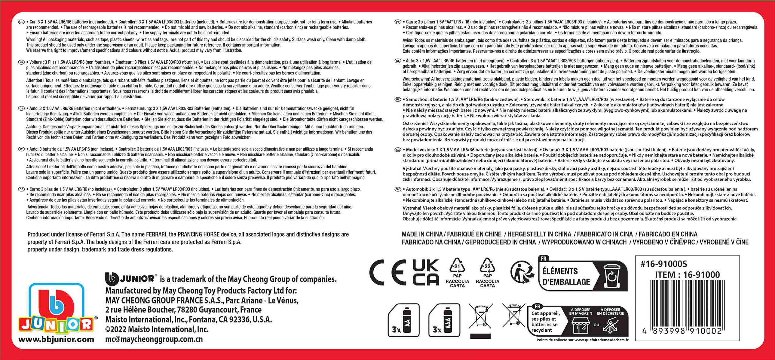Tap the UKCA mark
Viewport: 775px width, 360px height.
425,272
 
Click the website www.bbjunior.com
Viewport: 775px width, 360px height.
56,340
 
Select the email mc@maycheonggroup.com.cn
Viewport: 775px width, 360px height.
154,339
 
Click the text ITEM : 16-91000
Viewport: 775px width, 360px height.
688,275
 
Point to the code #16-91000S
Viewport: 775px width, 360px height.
664,264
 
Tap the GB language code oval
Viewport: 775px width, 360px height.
21,22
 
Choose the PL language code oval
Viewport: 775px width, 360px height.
398,99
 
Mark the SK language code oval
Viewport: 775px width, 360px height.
398,189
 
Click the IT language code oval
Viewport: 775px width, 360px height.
21,149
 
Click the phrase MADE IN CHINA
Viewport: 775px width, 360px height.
422,234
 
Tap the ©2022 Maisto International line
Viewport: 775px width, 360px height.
157,329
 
